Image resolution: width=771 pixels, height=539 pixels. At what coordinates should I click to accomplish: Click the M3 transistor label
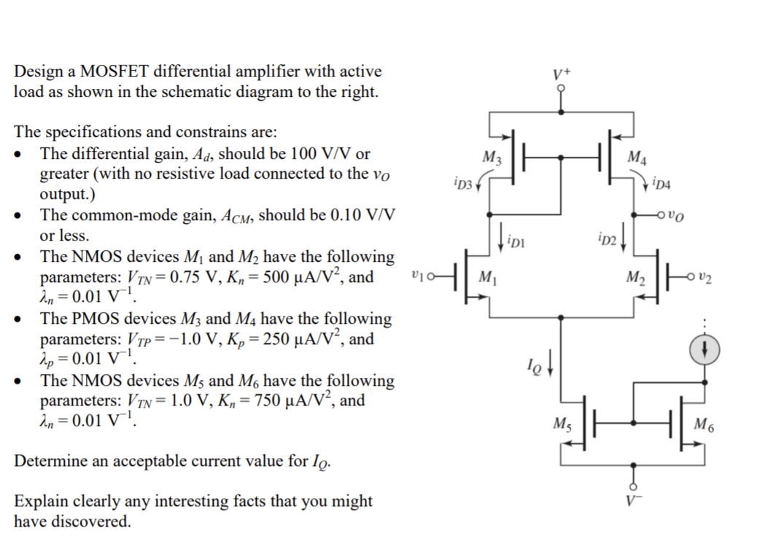tap(492, 158)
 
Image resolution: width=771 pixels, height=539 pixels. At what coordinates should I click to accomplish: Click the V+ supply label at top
tap(560, 74)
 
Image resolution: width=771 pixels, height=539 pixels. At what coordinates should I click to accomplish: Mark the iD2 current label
tap(606, 239)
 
